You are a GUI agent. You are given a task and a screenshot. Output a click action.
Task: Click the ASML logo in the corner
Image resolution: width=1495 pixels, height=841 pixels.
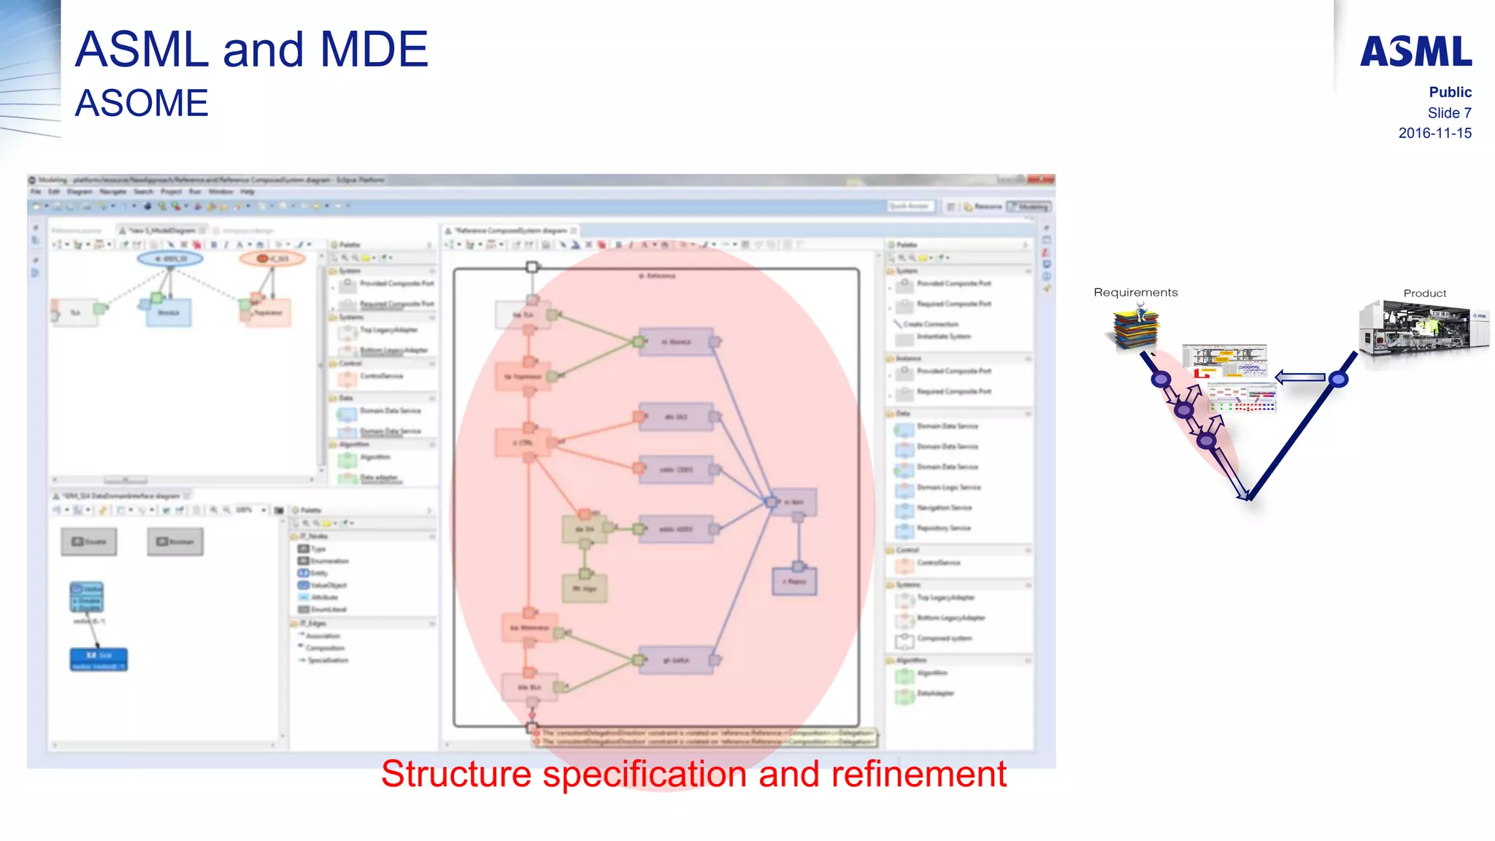1415,51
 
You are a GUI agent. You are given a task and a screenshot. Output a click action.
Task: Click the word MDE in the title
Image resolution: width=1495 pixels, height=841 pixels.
374,50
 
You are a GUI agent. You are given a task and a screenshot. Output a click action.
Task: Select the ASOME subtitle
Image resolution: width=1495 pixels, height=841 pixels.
142,103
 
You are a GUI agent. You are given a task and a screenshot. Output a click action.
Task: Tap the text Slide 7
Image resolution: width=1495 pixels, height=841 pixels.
1449,112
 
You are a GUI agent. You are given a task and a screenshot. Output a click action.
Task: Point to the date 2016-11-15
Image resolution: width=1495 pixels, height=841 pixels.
1434,133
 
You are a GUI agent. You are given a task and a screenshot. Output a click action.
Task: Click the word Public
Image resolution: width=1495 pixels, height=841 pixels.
1450,92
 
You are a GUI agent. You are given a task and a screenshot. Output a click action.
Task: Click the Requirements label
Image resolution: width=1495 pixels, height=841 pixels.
1135,292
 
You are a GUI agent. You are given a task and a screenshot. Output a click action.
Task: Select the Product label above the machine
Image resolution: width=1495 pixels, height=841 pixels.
1424,293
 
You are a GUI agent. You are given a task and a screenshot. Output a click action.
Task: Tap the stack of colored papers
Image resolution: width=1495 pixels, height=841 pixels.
1134,329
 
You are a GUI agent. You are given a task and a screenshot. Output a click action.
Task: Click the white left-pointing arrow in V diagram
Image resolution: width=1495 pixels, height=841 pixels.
1300,377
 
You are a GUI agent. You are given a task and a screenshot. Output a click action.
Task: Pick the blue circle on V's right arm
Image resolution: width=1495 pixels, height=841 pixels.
1337,379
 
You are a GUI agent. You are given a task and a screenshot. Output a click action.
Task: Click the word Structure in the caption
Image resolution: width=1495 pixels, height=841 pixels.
456,774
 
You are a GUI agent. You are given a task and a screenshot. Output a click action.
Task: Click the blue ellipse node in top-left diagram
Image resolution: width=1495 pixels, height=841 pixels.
170,258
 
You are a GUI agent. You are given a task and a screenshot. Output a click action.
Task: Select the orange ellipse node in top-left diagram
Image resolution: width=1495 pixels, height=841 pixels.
272,258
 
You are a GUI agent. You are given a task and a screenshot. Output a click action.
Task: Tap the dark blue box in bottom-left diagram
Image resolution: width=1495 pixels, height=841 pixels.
99,659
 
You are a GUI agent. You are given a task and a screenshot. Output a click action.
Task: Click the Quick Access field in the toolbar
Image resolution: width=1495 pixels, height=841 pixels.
908,207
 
